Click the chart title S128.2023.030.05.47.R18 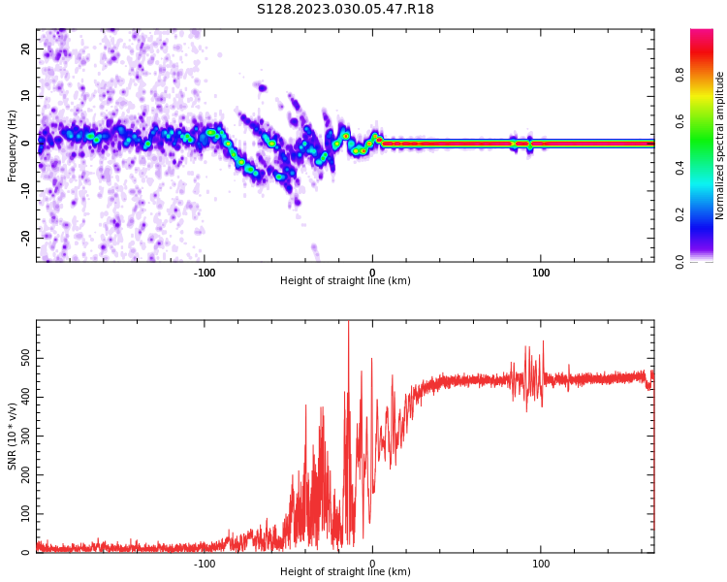tap(345, 10)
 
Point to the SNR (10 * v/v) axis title tap(13, 436)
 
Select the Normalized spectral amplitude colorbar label tap(720, 145)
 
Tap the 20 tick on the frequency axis tap(26, 48)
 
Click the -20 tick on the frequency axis tap(24, 237)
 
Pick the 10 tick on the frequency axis tap(26, 96)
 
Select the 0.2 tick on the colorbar tap(680, 214)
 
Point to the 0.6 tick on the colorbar tap(680, 121)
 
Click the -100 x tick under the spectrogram tap(205, 273)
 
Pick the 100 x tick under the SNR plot tap(541, 564)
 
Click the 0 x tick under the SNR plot tap(373, 564)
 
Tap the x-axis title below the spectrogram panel tap(345, 281)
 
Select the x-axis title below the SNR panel tap(345, 572)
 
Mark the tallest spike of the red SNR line tap(348, 324)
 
